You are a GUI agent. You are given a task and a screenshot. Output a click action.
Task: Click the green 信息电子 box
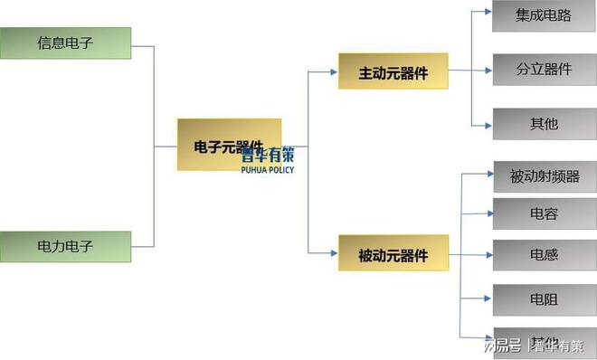(x=65, y=43)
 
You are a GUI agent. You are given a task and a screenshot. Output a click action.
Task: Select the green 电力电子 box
(x=65, y=245)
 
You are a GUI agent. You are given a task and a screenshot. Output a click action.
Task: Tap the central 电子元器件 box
(x=229, y=145)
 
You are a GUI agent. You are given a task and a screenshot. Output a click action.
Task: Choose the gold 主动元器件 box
(x=393, y=71)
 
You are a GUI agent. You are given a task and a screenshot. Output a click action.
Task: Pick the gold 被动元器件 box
(x=393, y=253)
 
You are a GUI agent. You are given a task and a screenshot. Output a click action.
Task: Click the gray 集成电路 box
(x=544, y=15)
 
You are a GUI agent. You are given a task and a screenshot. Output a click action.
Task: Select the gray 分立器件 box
(x=544, y=69)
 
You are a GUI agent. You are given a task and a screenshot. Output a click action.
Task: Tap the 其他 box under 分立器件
(x=544, y=123)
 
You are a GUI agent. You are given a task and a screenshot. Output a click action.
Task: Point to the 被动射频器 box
(x=544, y=175)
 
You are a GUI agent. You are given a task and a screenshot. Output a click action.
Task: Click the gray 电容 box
(x=544, y=214)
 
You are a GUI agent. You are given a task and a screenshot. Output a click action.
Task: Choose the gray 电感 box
(x=544, y=255)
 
